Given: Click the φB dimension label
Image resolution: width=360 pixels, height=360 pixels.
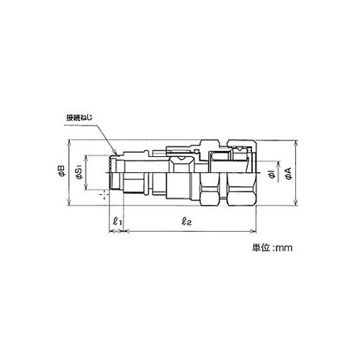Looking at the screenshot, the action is (x=62, y=171).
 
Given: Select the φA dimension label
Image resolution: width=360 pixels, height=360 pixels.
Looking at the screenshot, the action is (x=289, y=174).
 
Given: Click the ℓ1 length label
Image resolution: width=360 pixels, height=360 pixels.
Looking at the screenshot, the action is (x=117, y=221).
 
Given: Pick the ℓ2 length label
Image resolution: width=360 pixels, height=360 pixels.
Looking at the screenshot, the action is (x=186, y=221).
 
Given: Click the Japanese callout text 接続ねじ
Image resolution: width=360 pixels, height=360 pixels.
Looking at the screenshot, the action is (x=79, y=118).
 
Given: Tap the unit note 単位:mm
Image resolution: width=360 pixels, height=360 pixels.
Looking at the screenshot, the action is (x=272, y=248).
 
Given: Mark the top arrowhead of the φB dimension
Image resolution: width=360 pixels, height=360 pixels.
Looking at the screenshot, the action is (x=69, y=140).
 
